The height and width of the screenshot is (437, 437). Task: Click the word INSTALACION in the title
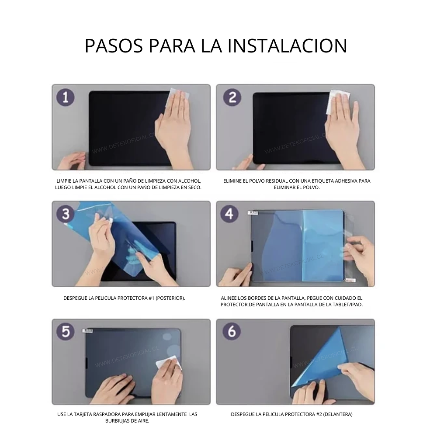click(288, 46)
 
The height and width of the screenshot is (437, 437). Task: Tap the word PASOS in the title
click(114, 46)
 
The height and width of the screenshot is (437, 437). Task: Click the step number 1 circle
click(66, 97)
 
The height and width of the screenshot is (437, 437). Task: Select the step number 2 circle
click(232, 97)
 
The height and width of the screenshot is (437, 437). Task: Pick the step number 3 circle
click(66, 214)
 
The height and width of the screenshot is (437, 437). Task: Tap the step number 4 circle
click(229, 214)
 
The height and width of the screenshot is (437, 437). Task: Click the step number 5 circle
click(66, 331)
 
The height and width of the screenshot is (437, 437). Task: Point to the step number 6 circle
click(232, 331)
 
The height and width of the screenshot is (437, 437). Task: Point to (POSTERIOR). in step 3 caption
click(170, 298)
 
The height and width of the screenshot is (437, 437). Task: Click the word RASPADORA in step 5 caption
click(108, 414)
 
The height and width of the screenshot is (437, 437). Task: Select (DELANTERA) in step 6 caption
click(338, 414)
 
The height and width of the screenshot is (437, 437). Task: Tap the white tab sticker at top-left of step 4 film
click(253, 213)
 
